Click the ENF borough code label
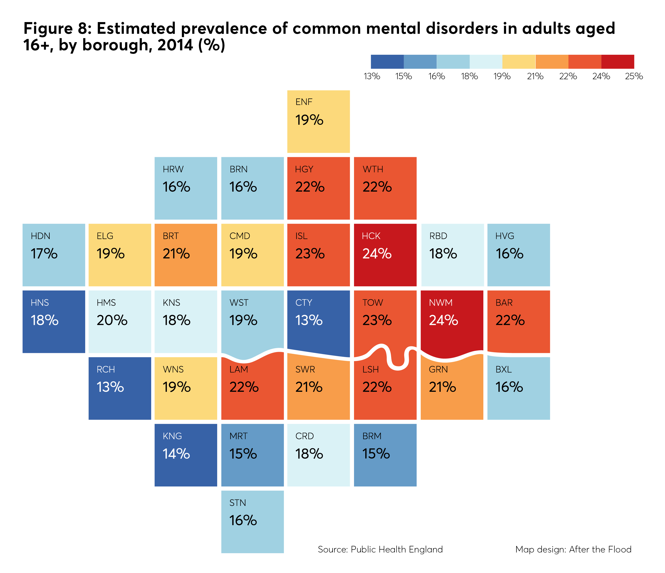pos(304,102)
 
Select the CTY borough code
pos(304,303)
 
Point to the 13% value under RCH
pos(110,387)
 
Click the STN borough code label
pos(237,503)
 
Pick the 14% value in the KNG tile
pos(176,454)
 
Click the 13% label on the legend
pos(372,76)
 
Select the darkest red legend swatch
pos(618,62)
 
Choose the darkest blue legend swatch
pos(387,62)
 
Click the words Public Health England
pos(397,550)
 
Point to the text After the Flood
pos(600,550)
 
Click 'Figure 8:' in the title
pos(58,28)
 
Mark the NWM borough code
pos(441,303)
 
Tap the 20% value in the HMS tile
pos(112,320)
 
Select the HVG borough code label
pos(505,236)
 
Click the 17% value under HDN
pos(44,254)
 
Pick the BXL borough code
pos(504,369)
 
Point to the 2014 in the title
pos(175,45)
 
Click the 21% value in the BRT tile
pos(176,254)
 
